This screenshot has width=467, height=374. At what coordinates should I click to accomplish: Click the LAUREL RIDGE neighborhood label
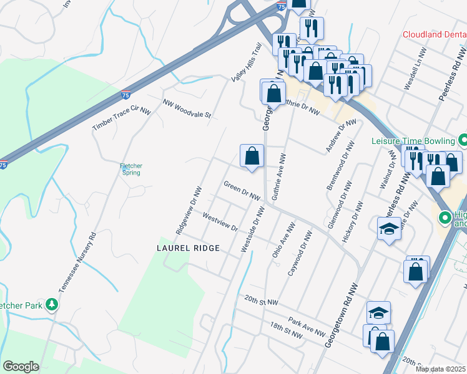187,248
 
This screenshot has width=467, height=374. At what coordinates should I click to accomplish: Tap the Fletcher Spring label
131,169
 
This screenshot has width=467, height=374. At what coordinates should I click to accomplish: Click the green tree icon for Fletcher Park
53,304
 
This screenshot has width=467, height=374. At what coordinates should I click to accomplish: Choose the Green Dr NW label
242,191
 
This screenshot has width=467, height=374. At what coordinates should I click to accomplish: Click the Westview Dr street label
220,221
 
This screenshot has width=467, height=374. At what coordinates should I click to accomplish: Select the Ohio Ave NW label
282,241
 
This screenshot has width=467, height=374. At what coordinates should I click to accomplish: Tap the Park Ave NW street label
307,327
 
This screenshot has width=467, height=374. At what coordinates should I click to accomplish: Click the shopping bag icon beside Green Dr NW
252,156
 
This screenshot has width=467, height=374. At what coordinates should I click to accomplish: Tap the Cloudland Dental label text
435,35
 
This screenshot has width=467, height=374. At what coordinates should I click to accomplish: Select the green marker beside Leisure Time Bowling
463,140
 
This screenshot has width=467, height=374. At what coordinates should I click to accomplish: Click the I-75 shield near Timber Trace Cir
125,95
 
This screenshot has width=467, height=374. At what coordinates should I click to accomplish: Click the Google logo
21,367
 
